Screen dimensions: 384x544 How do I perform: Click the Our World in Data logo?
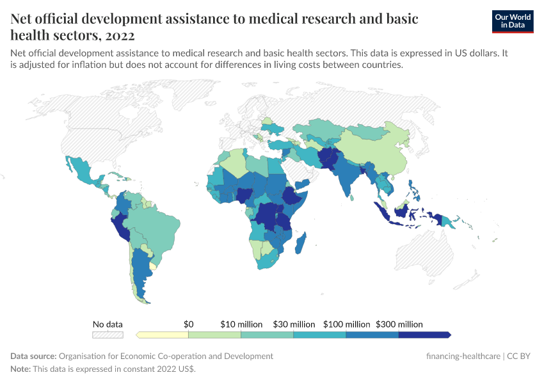(512, 21)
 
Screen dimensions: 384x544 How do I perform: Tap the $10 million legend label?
(241, 324)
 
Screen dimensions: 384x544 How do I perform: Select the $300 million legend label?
(399, 324)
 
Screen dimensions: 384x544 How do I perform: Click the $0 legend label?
(189, 324)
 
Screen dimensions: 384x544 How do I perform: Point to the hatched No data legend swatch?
(108, 335)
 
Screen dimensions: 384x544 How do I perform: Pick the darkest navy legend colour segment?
(424, 335)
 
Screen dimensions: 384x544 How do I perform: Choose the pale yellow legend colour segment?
(163, 335)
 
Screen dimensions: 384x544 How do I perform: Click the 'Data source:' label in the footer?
(33, 356)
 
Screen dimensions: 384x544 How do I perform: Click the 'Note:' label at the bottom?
(20, 369)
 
